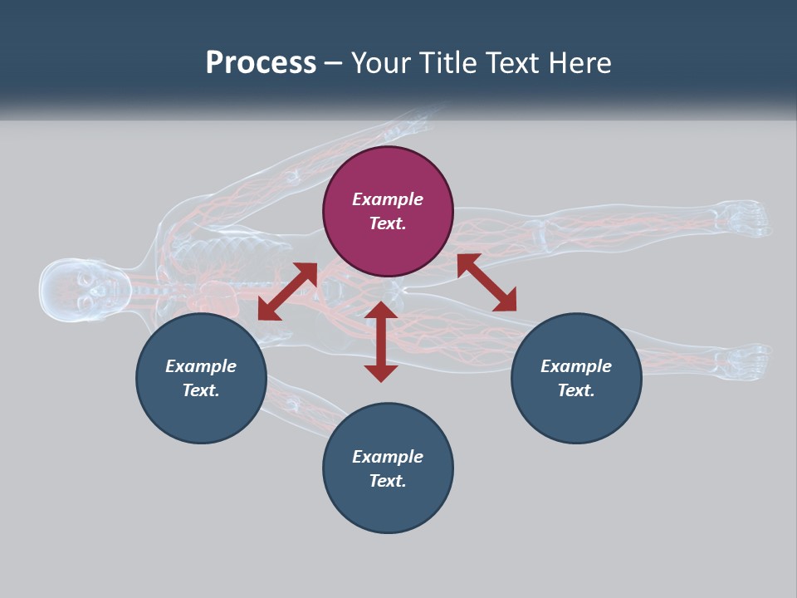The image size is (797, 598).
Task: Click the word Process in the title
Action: tap(261, 63)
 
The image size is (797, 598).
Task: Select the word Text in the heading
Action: tap(511, 63)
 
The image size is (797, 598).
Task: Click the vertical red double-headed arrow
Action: tap(381, 341)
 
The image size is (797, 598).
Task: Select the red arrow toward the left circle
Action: tap(287, 292)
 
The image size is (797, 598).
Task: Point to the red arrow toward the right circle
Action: tap(487, 282)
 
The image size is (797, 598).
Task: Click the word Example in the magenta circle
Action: tap(388, 199)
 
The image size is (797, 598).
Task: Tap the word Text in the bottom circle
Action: tap(388, 481)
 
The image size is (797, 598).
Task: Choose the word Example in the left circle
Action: tap(201, 366)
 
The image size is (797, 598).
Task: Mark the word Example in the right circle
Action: tap(576, 366)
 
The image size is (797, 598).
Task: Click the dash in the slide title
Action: tap(334, 63)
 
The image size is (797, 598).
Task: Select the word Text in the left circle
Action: tap(201, 390)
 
